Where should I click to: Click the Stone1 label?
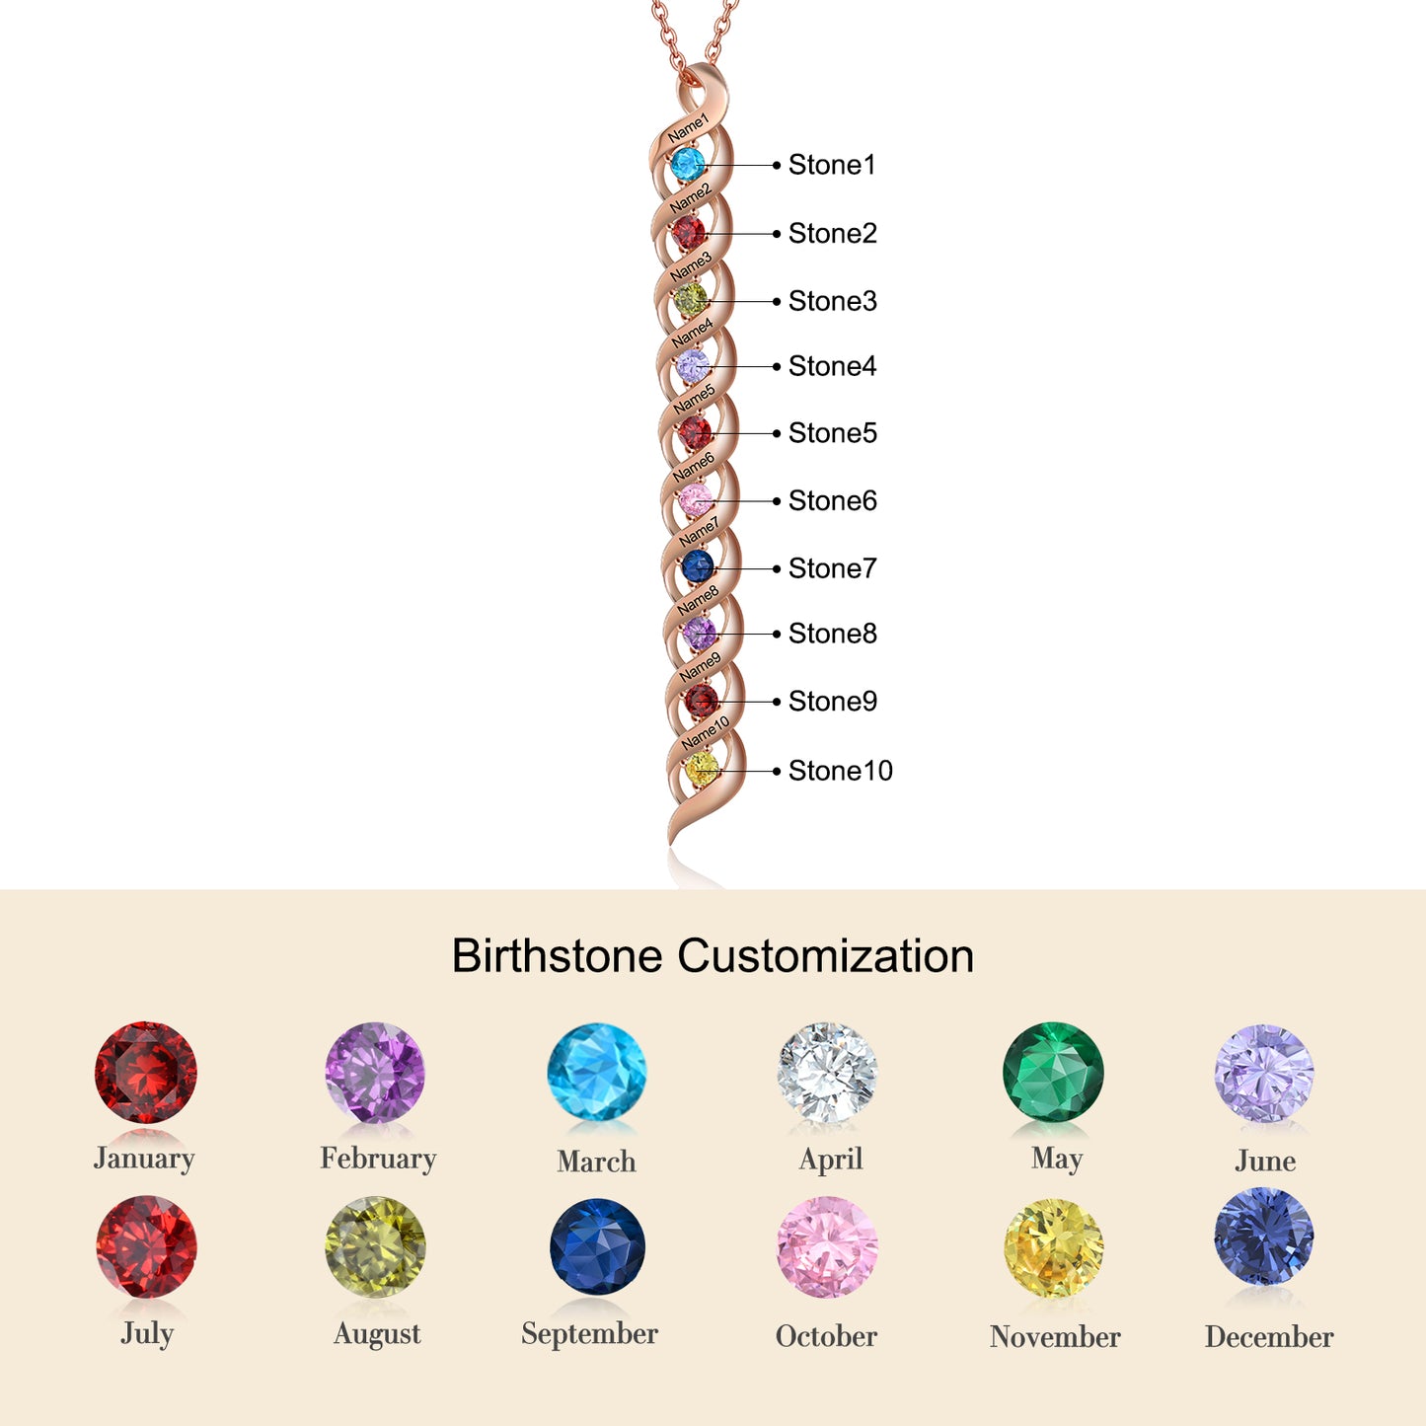(x=831, y=165)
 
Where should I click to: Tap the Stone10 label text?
(x=840, y=771)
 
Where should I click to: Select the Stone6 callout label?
(x=832, y=501)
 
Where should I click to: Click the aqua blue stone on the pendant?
(x=687, y=164)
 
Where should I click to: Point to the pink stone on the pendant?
(x=695, y=500)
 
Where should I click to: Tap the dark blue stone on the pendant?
(x=698, y=566)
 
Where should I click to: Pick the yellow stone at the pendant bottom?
(x=702, y=769)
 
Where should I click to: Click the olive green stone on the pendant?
(x=691, y=299)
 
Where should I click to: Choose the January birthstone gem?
(x=146, y=1073)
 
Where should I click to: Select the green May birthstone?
(x=1053, y=1072)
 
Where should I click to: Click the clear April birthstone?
(x=827, y=1074)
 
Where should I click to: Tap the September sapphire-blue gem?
(x=597, y=1246)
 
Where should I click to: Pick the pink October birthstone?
(x=827, y=1247)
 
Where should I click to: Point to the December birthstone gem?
(x=1264, y=1238)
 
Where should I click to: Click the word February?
(x=378, y=1159)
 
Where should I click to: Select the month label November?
(x=1055, y=1337)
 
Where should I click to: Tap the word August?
(x=377, y=1334)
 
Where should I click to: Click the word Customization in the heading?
(x=825, y=956)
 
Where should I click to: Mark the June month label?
(x=1265, y=1161)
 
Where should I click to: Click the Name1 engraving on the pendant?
(x=688, y=128)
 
